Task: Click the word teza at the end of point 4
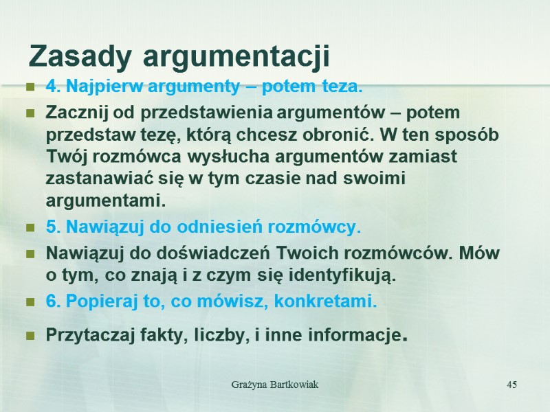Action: click(340, 88)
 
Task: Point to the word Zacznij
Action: click(74, 112)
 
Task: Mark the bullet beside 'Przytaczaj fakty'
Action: click(30, 336)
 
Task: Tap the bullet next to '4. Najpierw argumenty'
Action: click(30, 88)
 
